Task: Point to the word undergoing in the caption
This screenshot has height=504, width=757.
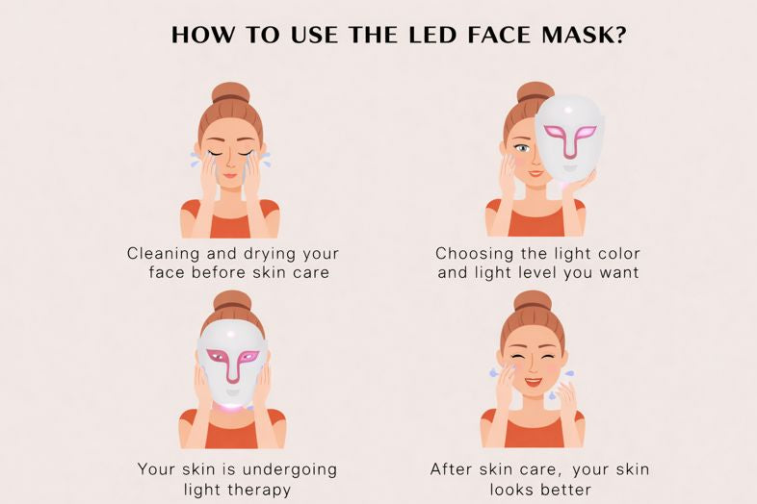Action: click(x=290, y=469)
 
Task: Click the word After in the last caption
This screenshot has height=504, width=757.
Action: click(x=451, y=468)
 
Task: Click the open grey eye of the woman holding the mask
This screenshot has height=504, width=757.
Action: click(x=522, y=147)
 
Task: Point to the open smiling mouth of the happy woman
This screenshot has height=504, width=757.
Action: click(x=534, y=382)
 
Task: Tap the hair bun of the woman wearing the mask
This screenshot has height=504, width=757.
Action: click(x=232, y=301)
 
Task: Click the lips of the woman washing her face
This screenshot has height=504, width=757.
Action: click(x=230, y=175)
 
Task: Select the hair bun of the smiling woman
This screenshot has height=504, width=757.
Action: click(x=533, y=301)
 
